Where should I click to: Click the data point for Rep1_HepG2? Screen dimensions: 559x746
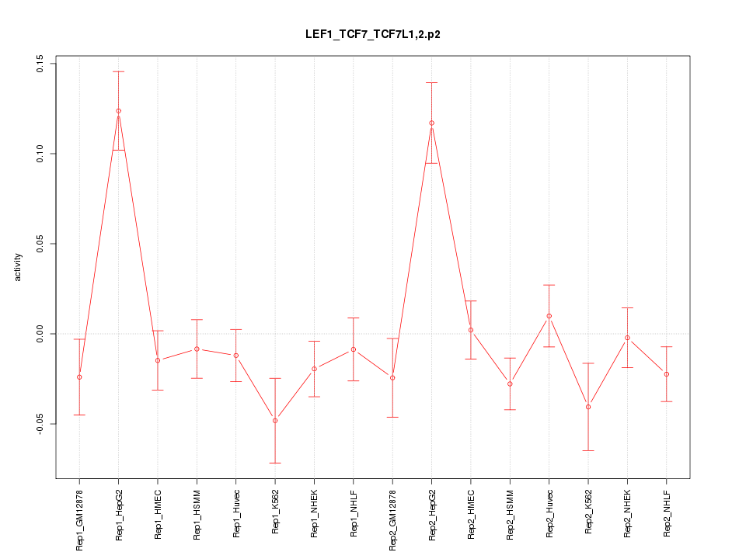[x=118, y=111]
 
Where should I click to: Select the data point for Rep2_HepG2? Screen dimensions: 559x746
[x=431, y=123]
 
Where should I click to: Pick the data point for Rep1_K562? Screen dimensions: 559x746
[x=275, y=421]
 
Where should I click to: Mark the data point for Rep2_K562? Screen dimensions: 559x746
[x=588, y=407]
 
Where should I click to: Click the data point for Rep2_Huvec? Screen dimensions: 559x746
[x=549, y=316]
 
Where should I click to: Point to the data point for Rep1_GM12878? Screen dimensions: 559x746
[x=79, y=377]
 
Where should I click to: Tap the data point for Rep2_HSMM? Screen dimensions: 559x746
[x=510, y=384]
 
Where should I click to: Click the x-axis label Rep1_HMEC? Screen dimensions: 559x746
[x=158, y=515]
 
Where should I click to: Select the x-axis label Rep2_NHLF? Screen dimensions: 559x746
[x=667, y=515]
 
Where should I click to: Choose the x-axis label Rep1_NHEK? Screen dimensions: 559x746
[x=314, y=515]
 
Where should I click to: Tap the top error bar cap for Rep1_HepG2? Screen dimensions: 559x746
[x=118, y=71]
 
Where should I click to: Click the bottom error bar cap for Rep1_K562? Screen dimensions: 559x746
[x=275, y=463]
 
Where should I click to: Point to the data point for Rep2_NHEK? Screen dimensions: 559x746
[x=627, y=338]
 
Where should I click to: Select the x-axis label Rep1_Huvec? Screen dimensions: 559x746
[x=236, y=515]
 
